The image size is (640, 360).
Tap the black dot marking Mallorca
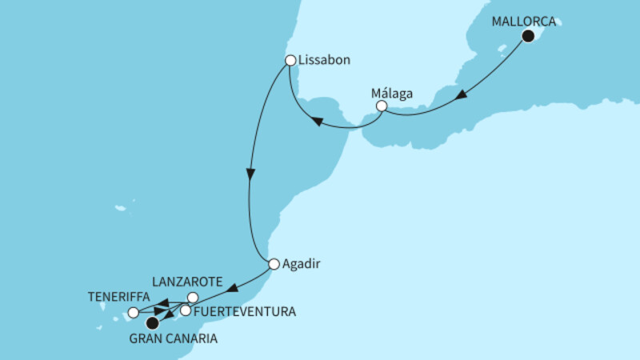coord(527,36)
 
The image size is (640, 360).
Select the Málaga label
coord(393,92)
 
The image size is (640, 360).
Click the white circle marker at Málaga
coord(382,106)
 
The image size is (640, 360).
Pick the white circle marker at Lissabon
coord(290,60)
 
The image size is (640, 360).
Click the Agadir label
coord(299,263)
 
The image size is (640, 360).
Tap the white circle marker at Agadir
coord(274,264)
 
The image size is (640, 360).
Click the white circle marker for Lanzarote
coord(192,298)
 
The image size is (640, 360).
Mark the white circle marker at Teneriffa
coord(133,312)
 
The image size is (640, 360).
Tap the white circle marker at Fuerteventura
coord(186,310)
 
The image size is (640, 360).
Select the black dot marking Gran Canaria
coord(152,323)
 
